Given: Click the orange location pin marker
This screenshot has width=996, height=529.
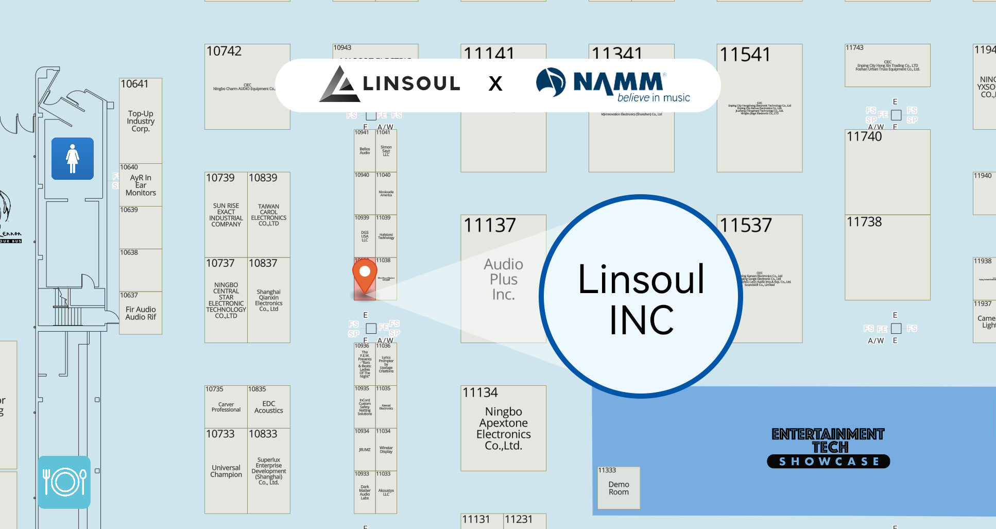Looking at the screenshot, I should [365, 275].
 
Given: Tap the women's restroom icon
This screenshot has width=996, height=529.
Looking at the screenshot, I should [73, 159].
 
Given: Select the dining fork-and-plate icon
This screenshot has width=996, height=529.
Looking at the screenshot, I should [64, 482].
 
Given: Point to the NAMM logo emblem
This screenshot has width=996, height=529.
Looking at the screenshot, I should [551, 82].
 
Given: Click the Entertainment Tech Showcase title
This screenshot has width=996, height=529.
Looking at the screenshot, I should [828, 447].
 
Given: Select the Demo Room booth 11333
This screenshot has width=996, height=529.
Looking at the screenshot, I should [619, 488].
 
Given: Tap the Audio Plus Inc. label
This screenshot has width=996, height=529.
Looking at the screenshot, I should [503, 279].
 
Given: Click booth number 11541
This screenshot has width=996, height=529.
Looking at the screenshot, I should [745, 55].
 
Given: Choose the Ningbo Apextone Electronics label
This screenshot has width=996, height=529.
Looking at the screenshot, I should [503, 429].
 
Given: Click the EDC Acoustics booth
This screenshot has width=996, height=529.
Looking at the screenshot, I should [269, 407].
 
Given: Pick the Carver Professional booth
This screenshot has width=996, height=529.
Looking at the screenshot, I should [226, 407].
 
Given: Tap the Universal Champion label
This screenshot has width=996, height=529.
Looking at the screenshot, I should [226, 471].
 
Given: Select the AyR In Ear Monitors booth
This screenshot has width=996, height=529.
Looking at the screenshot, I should [141, 185].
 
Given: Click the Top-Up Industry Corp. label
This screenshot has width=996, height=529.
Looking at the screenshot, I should [141, 121].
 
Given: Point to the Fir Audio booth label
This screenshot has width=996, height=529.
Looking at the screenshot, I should [141, 313].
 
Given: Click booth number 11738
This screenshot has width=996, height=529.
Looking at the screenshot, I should [864, 222].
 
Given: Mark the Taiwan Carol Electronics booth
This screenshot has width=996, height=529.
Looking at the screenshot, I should [269, 215].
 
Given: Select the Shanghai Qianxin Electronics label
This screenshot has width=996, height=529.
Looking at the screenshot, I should [269, 300].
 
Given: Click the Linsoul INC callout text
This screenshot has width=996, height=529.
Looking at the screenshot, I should [641, 299].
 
